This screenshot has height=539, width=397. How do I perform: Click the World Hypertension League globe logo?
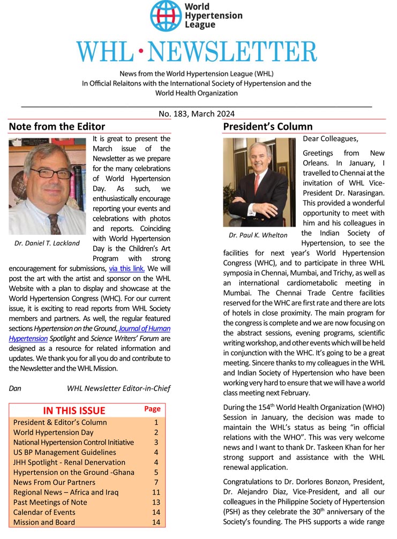pos(166,16)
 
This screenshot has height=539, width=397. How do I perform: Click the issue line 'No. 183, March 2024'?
pos(196,114)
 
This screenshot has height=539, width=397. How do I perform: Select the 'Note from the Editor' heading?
pos(57,127)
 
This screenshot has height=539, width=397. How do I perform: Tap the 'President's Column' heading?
pos(267,127)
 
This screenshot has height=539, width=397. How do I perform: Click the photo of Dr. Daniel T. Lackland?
pos(47,186)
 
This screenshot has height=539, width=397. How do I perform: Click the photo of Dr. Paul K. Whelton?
pos(259,182)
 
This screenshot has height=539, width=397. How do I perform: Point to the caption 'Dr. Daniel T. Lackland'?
pos(47,243)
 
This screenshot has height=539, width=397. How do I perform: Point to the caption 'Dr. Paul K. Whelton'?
pos(258,235)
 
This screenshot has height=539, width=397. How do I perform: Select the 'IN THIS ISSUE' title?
pos(74,410)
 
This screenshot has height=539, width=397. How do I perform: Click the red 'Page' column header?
pos(152,409)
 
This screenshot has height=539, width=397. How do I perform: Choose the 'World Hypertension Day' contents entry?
pos(54,432)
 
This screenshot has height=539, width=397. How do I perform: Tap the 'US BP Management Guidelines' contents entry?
pos(65,452)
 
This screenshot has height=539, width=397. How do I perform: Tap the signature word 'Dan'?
pos(16,388)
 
